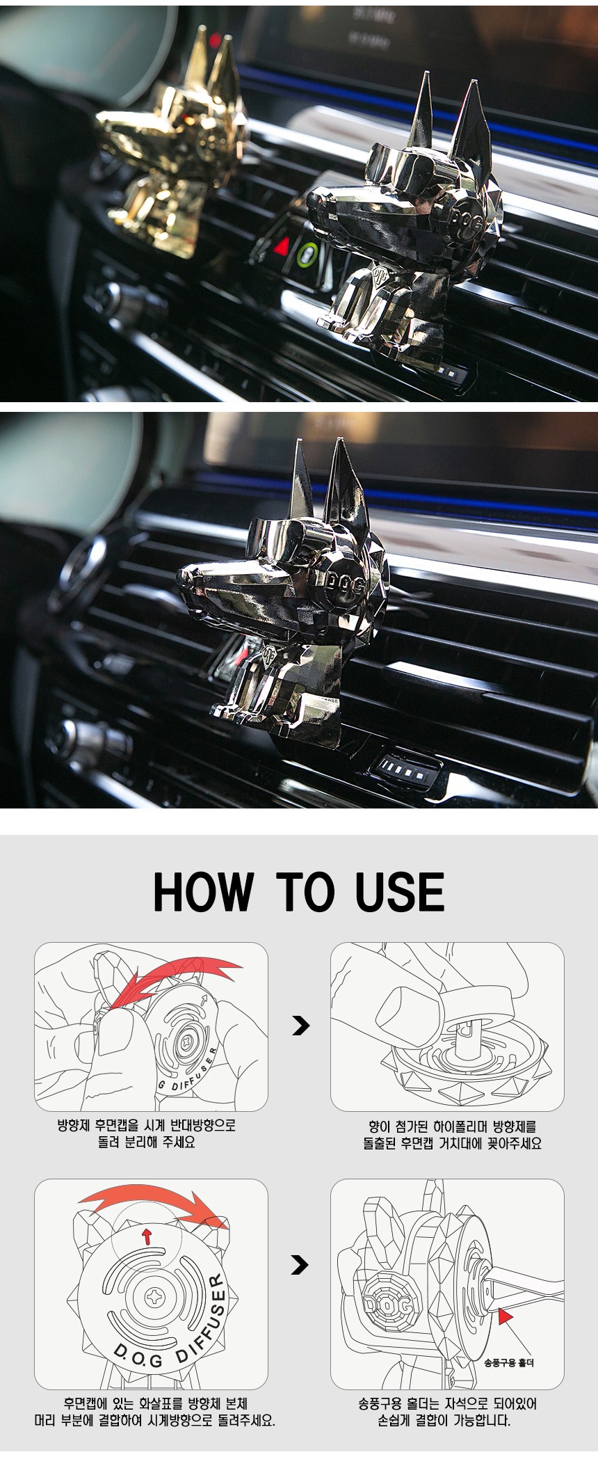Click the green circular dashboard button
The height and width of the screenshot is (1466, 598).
[307, 255]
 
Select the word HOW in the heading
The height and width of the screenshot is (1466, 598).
[203, 892]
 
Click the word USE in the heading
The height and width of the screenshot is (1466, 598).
[400, 892]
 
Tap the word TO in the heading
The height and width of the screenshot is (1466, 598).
[306, 892]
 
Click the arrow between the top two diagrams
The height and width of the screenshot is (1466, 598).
[300, 1026]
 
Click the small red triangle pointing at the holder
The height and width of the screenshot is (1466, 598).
[505, 1316]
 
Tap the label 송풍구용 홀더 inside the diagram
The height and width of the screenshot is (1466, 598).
[509, 1362]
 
